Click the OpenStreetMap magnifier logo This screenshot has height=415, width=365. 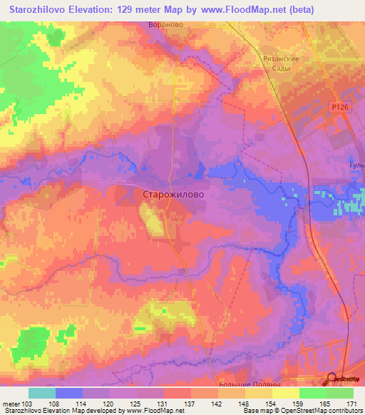tap(333, 379)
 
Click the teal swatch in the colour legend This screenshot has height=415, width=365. tap(41, 392)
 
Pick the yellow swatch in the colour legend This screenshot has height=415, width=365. tap(285, 392)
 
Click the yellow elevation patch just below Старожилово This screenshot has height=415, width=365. tap(152, 220)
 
